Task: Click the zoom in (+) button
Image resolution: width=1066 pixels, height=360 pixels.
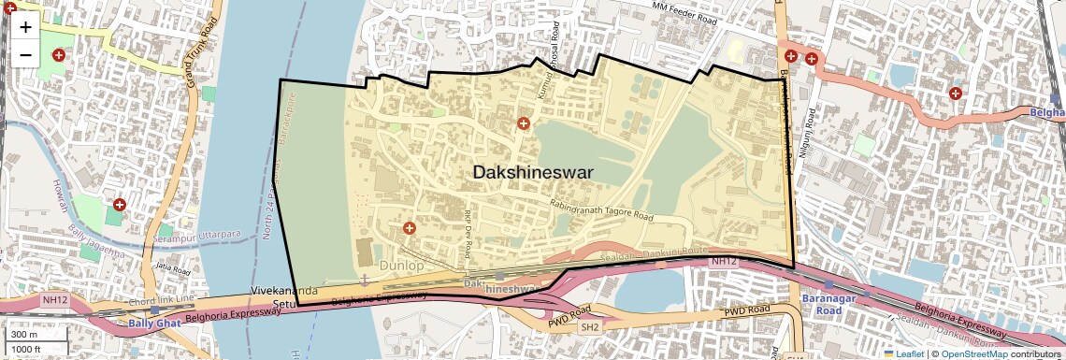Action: pos(25,26)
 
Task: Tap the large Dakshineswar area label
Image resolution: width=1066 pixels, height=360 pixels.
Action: pos(533,172)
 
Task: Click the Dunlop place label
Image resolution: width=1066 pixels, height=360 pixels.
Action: pos(401,266)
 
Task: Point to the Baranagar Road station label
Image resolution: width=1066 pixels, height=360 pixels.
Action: pos(822,305)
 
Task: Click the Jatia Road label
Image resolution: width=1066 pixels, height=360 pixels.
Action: pos(173,266)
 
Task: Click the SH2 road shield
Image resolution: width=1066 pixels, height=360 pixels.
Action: pos(589,327)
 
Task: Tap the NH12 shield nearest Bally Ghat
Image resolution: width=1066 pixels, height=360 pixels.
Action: pos(54,300)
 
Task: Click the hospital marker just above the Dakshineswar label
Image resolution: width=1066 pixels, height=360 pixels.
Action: pos(524,123)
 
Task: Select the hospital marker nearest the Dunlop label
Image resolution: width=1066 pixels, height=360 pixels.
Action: pos(409,228)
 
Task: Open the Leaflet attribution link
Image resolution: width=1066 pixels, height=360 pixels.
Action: pos(903,353)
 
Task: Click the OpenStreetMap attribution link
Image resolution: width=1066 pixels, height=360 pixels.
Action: pos(973,353)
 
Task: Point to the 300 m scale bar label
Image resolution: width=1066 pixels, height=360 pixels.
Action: pos(24,334)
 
